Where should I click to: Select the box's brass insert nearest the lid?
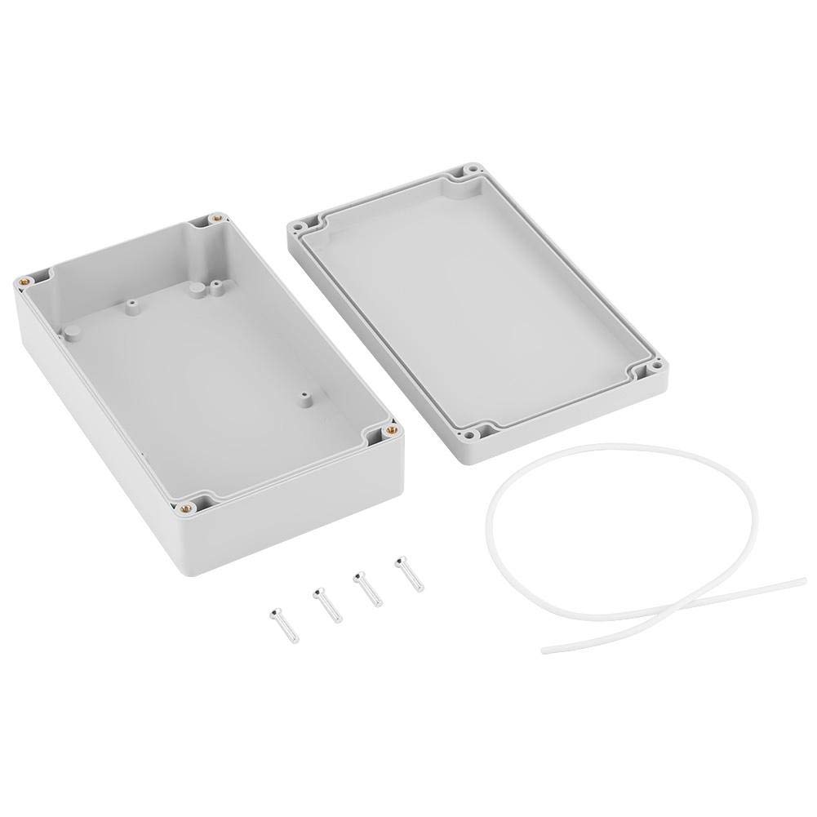pyautogui.click(x=391, y=428)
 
